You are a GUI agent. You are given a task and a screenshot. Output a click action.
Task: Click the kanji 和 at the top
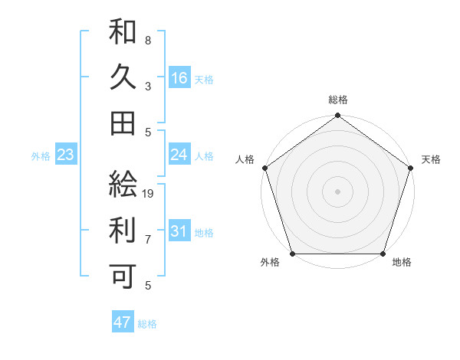pos(123,32)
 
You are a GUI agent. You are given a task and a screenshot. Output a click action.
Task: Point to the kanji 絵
pos(123,183)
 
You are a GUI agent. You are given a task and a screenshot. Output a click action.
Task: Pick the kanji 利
pos(123,229)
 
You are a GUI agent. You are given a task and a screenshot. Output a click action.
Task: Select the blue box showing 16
pos(179,77)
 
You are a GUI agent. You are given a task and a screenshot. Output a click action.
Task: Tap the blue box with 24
pos(179,155)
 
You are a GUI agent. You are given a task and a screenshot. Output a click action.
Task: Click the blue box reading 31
pos(179,231)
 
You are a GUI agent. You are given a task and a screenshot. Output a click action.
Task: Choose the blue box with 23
pos(66,155)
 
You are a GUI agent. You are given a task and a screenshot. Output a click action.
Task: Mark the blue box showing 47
pos(123,322)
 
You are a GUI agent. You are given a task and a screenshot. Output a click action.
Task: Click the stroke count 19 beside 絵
pos(149,193)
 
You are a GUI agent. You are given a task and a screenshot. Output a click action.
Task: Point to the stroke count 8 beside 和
pos(147,40)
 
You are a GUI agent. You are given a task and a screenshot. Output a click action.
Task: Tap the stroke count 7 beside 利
pos(147,239)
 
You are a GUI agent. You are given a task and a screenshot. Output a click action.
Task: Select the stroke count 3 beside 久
pos(147,86)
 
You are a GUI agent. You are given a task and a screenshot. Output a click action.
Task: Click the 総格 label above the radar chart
pos(337,100)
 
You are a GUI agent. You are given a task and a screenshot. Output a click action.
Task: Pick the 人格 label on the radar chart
pos(246,159)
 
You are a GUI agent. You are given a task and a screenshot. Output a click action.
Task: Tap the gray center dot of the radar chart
pos(337,191)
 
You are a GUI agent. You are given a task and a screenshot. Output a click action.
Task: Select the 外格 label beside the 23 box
pos(41,156)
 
